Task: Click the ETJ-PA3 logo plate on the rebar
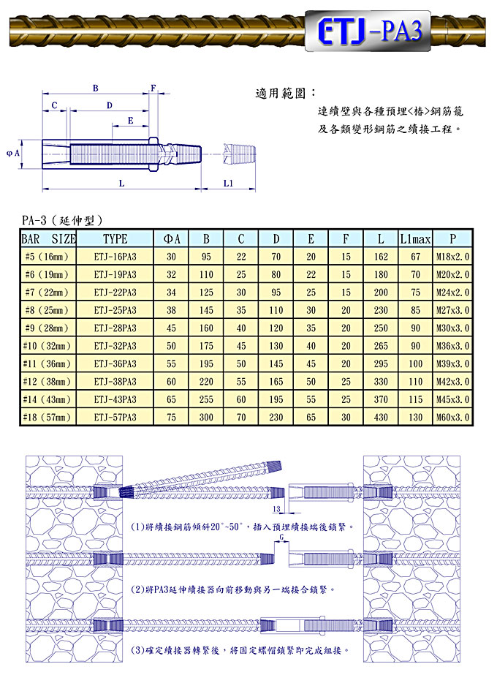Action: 368,31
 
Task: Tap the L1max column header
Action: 415,239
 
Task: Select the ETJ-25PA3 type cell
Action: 115,310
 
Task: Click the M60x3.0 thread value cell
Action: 452,417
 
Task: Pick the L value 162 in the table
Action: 381,257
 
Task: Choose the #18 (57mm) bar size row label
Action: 47,417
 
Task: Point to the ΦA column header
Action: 171,239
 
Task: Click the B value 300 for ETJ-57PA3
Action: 206,417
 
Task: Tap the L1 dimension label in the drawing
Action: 228,184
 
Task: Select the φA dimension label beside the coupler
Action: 13,153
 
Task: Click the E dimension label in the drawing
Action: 130,121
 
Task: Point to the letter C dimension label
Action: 54,105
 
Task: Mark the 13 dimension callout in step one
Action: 277,509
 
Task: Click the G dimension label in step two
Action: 282,537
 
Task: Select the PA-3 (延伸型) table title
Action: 62,220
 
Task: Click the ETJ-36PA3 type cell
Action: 115,363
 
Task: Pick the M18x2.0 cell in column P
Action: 452,257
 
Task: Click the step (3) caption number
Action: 137,650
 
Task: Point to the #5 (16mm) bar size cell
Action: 47,257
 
